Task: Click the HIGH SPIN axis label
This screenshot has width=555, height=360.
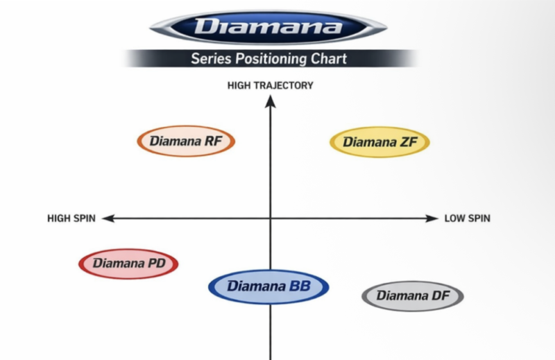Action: [x=71, y=218]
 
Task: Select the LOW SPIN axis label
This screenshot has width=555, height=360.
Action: [x=467, y=218]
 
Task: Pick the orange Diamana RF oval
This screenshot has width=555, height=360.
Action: [x=187, y=142]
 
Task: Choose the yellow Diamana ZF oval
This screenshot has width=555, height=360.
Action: [x=379, y=142]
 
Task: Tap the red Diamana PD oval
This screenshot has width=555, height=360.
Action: [x=128, y=264]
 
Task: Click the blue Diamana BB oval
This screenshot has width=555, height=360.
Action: [x=268, y=286]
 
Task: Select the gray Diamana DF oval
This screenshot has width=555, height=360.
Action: [x=413, y=296]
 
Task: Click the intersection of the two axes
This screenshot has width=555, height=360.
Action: [x=271, y=218]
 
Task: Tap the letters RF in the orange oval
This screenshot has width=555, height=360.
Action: [x=212, y=142]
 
